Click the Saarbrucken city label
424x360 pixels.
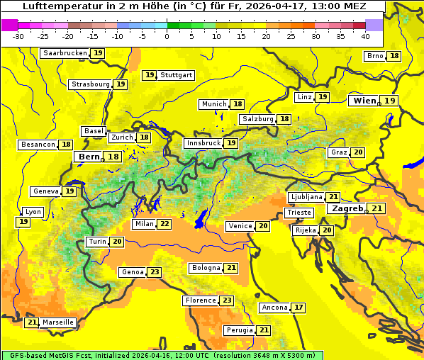pos(65,53)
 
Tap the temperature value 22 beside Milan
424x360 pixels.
pos(164,224)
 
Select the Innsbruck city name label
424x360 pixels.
pos(203,143)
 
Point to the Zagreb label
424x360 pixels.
pos(347,208)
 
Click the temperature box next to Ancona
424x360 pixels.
pos(299,308)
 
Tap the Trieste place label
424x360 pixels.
pos(299,213)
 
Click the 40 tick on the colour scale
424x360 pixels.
pos(365,36)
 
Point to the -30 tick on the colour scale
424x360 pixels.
pos(18,36)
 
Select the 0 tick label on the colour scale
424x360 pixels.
pos(167,36)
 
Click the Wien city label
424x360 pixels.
pos(364,101)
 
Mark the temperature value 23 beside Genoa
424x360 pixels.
pos(154,272)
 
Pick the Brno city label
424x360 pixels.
pos(375,56)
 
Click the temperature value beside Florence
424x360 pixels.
pos(226,300)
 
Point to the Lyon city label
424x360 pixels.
pos(33,212)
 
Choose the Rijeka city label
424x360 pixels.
pos(305,230)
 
